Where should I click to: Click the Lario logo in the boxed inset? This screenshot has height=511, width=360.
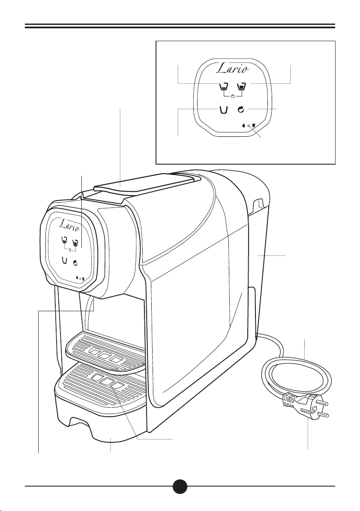tap(234, 69)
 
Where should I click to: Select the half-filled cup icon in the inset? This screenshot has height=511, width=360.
tap(223, 87)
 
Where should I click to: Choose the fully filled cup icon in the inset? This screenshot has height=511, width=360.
tap(242, 87)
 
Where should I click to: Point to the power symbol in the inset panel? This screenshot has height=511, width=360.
tap(232, 96)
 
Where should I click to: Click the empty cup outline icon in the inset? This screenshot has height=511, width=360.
tap(223, 110)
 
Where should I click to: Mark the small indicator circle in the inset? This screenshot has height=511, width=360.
tap(249, 126)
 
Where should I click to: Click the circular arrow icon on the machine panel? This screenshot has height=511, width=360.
tap(76, 263)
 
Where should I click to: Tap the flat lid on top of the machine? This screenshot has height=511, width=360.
tap(146, 181)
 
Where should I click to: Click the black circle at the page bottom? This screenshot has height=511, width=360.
tap(180, 487)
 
